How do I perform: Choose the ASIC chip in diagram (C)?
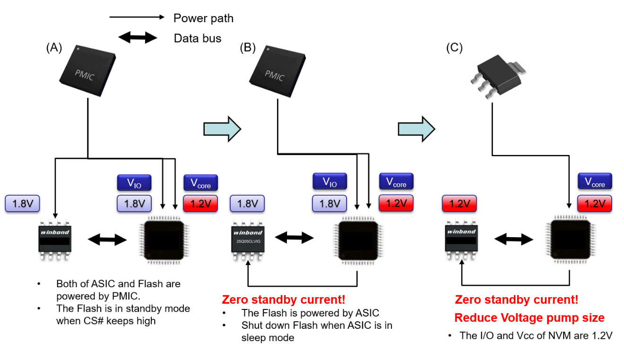pyautogui.click(x=570, y=239)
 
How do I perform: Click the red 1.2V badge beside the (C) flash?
pyautogui.click(x=459, y=204)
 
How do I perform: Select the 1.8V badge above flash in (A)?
pyautogui.click(x=22, y=204)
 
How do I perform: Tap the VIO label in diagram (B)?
pyautogui.click(x=329, y=181)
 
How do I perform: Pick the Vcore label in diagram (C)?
pyautogui.click(x=595, y=182)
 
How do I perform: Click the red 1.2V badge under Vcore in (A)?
pyautogui.click(x=200, y=204)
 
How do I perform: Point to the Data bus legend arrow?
pyautogui.click(x=138, y=38)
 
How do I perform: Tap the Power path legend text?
pyautogui.click(x=203, y=18)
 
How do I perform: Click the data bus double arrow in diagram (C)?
pyautogui.click(x=514, y=240)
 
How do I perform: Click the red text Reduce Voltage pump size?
pyautogui.click(x=529, y=317)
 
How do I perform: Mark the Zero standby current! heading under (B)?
pyautogui.click(x=283, y=300)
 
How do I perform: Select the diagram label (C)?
pyautogui.click(x=454, y=48)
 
